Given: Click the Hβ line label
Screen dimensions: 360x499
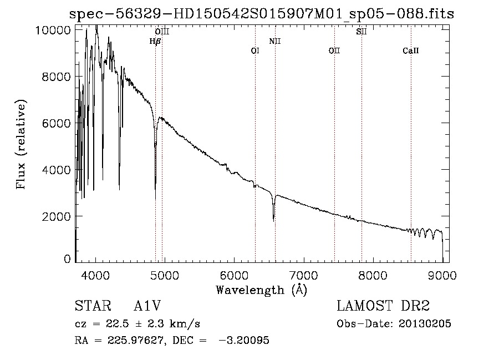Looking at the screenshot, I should pyautogui.click(x=155, y=42).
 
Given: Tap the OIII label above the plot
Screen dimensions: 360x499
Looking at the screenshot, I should pyautogui.click(x=161, y=32).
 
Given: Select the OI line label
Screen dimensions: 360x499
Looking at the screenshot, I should pyautogui.click(x=255, y=51).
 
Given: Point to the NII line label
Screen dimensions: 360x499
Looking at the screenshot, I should pyautogui.click(x=275, y=42).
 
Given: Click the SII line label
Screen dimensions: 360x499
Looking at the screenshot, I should pyautogui.click(x=361, y=32).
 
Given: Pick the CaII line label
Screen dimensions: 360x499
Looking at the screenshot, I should pyautogui.click(x=411, y=51).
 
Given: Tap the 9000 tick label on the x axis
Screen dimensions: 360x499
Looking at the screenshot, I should pyautogui.click(x=442, y=275).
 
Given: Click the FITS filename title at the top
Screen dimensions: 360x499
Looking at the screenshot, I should pyautogui.click(x=261, y=14).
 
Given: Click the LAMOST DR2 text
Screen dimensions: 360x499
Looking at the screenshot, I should pyautogui.click(x=383, y=306).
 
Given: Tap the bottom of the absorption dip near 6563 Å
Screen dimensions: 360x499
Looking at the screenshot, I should pyautogui.click(x=273, y=220).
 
